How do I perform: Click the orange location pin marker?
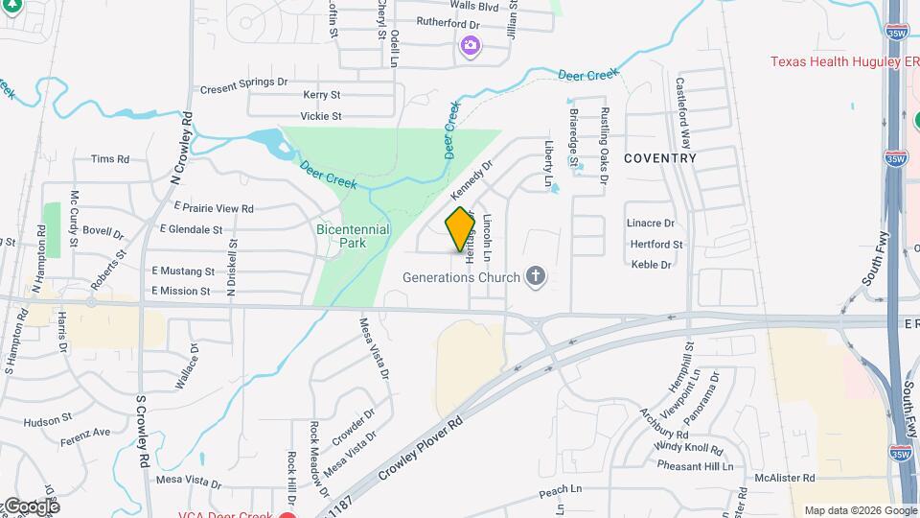(460, 228)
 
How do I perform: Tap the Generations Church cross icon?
(536, 278)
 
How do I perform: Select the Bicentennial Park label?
(353, 236)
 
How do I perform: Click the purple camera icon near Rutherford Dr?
(470, 44)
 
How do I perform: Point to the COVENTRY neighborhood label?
(660, 157)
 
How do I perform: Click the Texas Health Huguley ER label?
(844, 62)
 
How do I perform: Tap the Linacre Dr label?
(651, 224)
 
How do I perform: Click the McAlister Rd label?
(784, 478)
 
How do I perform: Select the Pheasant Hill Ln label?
(695, 465)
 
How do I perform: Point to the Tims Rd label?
(109, 159)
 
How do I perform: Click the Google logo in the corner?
(31, 506)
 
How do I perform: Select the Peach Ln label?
(561, 490)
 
